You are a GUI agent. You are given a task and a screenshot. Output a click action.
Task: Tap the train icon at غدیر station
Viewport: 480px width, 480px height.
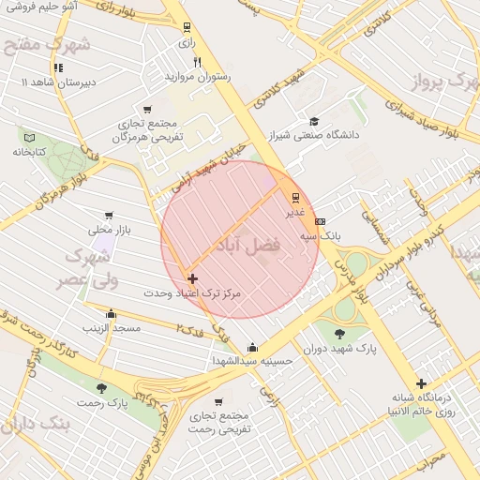tap(296, 197)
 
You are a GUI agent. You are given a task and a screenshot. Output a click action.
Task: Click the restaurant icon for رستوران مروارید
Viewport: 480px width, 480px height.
tap(196, 62)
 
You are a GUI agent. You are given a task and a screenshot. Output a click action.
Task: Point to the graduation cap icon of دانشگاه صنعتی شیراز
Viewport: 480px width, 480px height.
tap(314, 121)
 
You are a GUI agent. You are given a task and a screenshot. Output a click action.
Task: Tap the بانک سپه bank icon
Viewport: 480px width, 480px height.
tap(322, 221)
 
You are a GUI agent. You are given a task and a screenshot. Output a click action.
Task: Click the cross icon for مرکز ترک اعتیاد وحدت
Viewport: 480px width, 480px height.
tap(192, 278)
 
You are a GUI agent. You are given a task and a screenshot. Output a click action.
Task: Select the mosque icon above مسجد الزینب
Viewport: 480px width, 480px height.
tap(112, 314)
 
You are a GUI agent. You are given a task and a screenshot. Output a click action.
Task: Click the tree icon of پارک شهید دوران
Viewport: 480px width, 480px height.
tap(339, 332)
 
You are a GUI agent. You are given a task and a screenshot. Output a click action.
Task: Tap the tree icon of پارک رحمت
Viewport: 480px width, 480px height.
tap(101, 388)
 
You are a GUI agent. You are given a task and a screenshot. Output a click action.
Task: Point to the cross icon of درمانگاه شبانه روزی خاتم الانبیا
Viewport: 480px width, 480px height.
tap(422, 382)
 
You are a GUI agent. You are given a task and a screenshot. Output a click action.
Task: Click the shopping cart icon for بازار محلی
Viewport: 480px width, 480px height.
tap(111, 215)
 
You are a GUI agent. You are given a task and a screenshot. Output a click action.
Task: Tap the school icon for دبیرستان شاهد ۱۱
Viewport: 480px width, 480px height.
tap(58, 67)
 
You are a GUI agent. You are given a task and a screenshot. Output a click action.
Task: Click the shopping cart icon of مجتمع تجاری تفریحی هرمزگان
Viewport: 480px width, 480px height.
tap(147, 110)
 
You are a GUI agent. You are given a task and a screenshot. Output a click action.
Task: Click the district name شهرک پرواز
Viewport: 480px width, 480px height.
tap(443, 82)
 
